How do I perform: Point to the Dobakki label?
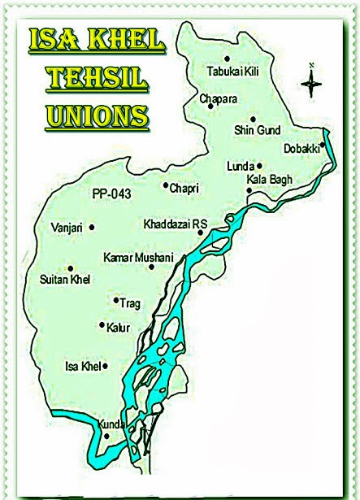(301, 148)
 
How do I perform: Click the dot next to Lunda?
(260, 165)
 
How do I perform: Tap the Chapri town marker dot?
(165, 187)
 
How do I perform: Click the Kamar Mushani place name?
(138, 257)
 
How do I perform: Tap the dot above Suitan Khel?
(71, 268)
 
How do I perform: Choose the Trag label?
(130, 303)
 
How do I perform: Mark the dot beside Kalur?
(101, 325)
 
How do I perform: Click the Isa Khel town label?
(82, 367)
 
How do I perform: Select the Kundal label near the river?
(111, 424)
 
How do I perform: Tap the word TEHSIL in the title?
(98, 79)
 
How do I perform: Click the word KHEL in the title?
(127, 41)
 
